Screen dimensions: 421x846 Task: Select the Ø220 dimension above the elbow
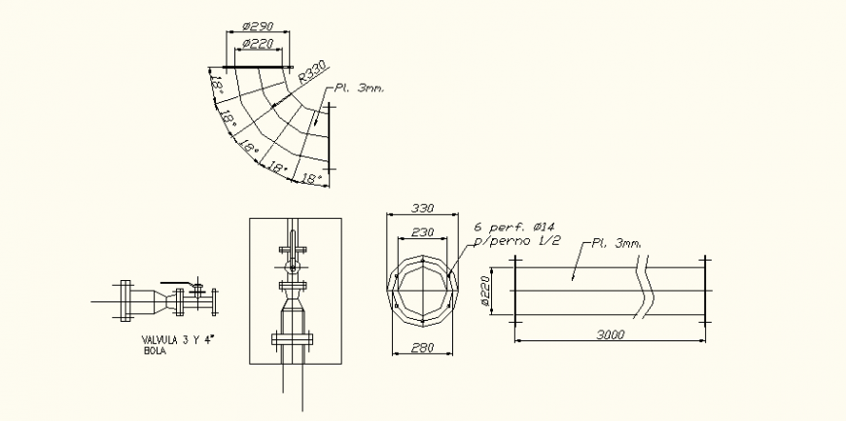258,44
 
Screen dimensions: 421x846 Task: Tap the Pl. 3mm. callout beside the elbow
359,88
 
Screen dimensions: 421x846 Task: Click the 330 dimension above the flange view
422,208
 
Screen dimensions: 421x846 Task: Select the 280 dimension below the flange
422,348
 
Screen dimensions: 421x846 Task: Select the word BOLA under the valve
154,351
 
